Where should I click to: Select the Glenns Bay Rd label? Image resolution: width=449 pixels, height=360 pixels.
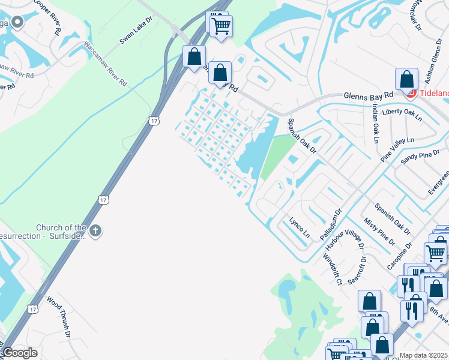point(368,95)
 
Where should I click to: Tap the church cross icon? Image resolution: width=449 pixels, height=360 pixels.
point(95,230)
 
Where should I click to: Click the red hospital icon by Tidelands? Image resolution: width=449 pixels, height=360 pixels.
point(411,94)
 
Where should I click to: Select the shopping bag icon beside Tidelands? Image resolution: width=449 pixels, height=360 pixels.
point(406,79)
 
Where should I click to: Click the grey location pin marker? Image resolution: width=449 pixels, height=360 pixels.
point(17,23)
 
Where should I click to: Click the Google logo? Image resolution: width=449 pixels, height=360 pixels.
point(20,353)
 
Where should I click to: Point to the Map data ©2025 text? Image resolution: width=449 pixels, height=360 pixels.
point(423,355)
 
